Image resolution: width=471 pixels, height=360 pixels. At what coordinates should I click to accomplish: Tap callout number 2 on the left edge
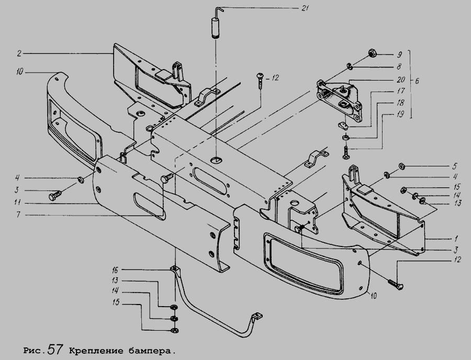point(18,53)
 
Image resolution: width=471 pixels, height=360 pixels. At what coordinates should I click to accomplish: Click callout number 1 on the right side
point(443,238)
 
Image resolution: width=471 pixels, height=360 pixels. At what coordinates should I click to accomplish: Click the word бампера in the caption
point(153,348)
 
